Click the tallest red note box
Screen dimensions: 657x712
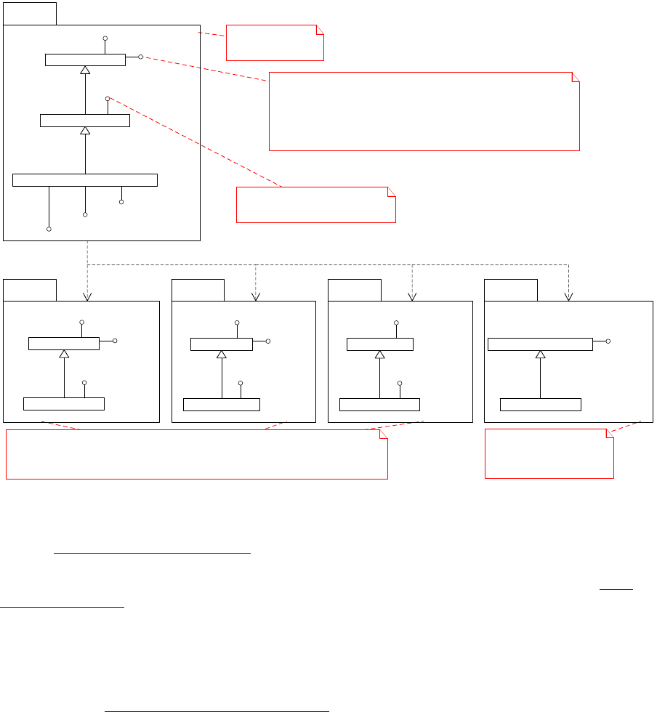click(424, 111)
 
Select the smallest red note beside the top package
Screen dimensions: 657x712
click(275, 42)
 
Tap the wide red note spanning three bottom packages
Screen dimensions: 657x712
click(196, 455)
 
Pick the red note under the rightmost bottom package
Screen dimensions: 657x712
click(549, 453)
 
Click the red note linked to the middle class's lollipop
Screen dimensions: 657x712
click(315, 204)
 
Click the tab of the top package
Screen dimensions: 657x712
click(30, 13)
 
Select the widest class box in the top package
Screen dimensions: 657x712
click(85, 180)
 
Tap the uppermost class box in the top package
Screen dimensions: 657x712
click(85, 60)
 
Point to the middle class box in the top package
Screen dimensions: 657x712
click(85, 120)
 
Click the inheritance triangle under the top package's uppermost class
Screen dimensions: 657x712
click(85, 70)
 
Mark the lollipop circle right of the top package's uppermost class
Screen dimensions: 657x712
click(140, 56)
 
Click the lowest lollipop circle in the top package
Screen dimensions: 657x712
click(49, 229)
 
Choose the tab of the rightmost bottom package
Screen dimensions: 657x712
click(511, 289)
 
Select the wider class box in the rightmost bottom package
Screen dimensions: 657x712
click(540, 344)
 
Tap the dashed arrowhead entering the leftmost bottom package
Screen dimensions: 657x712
click(87, 296)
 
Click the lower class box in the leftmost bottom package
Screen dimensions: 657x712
click(64, 403)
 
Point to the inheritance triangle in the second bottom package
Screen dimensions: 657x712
click(221, 354)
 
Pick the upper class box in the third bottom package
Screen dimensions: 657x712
click(379, 344)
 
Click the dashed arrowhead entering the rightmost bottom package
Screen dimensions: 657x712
click(568, 296)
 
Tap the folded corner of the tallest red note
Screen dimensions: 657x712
click(575, 76)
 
